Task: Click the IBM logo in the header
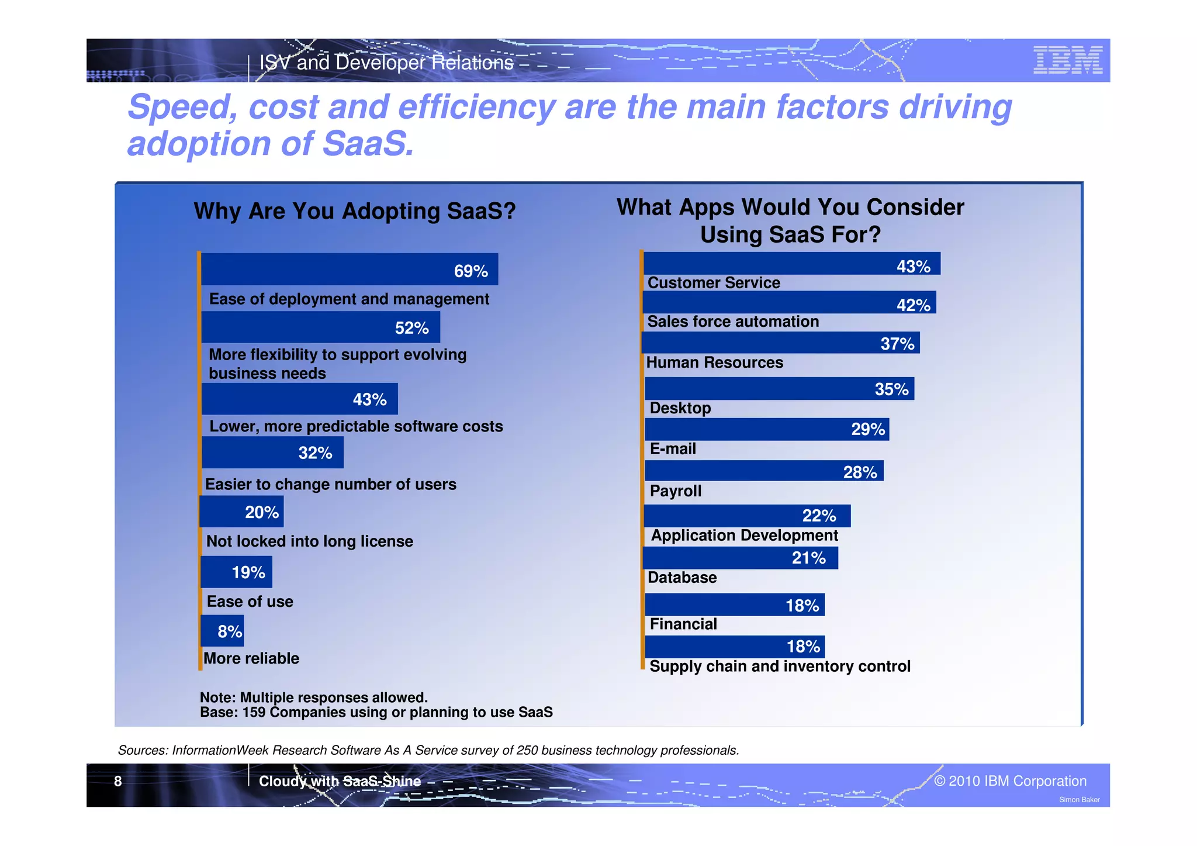1067,60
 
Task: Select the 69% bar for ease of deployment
350,270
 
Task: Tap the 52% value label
411,329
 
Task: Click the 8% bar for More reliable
223,631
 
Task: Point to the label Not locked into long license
309,541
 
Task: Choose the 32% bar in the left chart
272,453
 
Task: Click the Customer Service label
714,283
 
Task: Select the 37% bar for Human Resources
780,343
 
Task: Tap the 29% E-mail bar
766,430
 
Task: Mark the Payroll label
675,491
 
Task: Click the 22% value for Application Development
818,516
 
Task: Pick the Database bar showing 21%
740,558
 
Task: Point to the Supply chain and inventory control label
780,667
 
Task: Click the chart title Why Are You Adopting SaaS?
355,211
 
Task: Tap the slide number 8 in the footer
118,781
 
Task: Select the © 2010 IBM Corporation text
1010,781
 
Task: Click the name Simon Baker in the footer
1079,800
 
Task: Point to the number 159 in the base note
254,712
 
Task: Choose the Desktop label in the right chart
680,408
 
